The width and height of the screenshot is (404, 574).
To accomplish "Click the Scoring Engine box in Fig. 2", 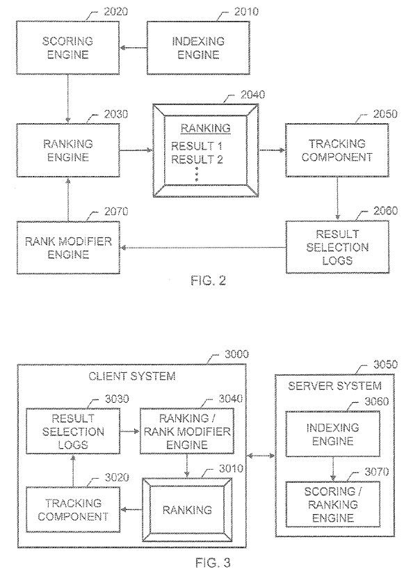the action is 67,47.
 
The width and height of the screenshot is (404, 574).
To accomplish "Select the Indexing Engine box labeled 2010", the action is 198,47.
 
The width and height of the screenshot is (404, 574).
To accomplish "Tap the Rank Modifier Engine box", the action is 68,248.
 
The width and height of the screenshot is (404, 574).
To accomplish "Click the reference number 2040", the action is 253,95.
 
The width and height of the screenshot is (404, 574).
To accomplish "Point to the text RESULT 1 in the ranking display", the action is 197,146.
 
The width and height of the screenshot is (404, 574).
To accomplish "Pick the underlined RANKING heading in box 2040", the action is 206,128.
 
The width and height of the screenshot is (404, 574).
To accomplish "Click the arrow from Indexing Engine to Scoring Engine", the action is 134,47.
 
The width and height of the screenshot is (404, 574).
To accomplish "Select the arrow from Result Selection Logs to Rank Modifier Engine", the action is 203,248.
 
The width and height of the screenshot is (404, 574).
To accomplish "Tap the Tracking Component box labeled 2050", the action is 337,150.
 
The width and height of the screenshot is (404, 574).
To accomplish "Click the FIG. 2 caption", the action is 208,280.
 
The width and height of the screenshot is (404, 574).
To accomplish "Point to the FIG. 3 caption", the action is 213,562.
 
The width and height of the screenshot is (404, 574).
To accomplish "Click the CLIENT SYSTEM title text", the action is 132,376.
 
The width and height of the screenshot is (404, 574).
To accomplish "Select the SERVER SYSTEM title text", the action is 335,386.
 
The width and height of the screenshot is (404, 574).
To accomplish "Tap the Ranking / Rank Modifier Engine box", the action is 187,431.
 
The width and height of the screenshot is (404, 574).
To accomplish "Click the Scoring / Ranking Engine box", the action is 332,504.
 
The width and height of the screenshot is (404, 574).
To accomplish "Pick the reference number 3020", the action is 117,477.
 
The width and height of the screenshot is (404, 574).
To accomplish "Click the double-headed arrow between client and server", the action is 261,456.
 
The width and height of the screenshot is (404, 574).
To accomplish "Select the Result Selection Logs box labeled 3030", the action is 73,431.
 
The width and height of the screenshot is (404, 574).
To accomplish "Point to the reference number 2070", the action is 116,212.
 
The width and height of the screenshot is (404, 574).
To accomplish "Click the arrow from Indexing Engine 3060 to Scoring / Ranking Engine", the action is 332,469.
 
